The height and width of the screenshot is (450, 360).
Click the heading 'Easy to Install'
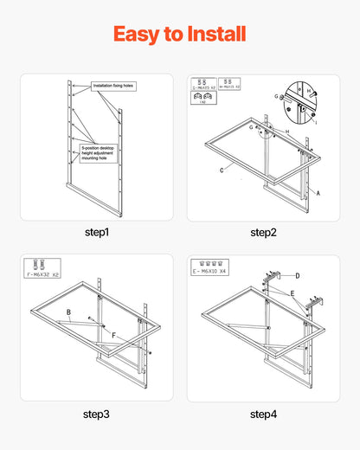(179, 34)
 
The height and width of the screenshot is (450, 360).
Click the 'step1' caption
(97, 233)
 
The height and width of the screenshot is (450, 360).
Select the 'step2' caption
(263, 233)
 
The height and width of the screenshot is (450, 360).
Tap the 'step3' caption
(97, 415)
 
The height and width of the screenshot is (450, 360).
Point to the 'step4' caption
(263, 415)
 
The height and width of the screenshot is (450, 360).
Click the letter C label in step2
(222, 170)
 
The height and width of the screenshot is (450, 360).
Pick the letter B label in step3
(68, 312)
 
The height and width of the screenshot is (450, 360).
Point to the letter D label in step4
(298, 275)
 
